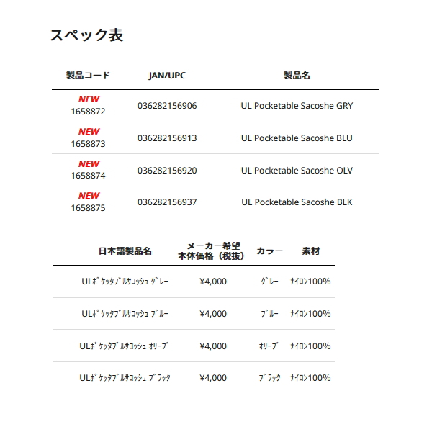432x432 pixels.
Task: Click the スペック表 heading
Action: [86, 35]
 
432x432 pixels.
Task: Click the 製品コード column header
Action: [89, 75]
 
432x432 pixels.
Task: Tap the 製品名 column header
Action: [297, 75]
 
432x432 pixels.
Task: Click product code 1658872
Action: [89, 112]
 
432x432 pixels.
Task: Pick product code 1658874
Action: [89, 176]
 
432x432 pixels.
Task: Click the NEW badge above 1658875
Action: [89, 196]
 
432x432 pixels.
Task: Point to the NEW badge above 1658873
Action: [89, 132]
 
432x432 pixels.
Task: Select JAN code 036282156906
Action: [167, 106]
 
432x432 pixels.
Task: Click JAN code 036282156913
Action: [167, 138]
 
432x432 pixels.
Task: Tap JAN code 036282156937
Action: [167, 202]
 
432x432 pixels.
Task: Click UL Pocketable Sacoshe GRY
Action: [297, 106]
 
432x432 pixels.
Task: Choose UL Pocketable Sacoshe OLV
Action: [297, 171]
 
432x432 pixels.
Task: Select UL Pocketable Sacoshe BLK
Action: [297, 202]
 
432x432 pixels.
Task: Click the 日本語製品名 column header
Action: [125, 251]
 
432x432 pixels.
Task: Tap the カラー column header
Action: [269, 251]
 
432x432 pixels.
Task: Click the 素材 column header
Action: [311, 251]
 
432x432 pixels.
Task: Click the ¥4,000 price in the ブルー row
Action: [213, 314]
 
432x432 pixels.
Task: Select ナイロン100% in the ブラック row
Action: [310, 378]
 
